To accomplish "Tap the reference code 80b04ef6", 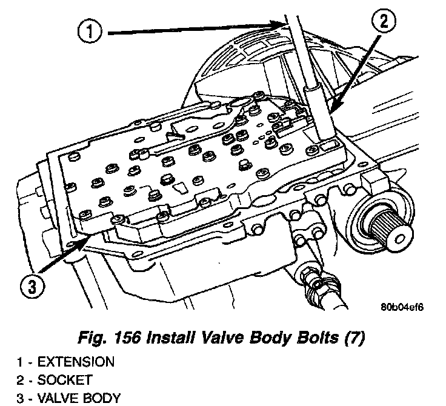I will [x=402, y=306].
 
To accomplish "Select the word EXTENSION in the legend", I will [x=76, y=362].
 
